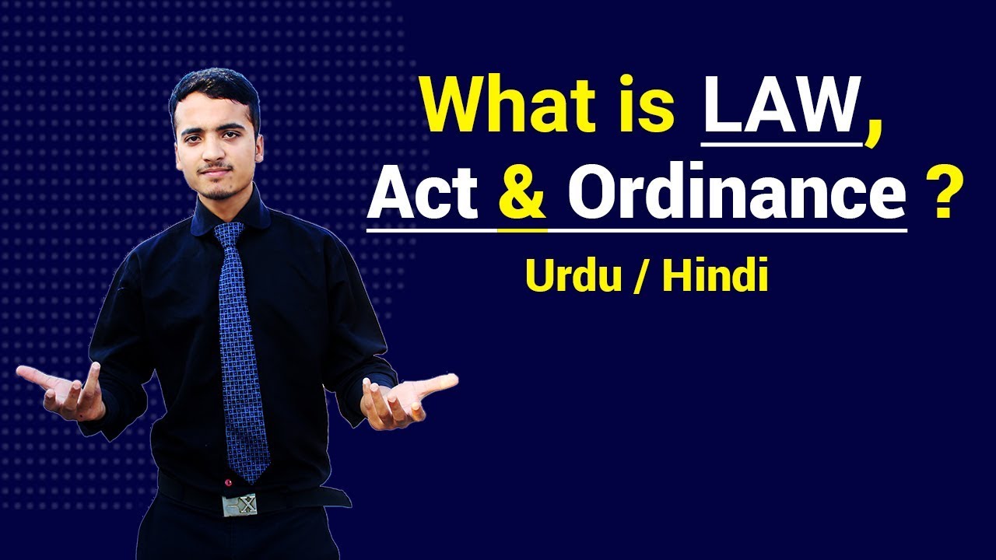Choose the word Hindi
point(714,276)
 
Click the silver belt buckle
point(240,506)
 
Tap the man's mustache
point(215,169)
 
